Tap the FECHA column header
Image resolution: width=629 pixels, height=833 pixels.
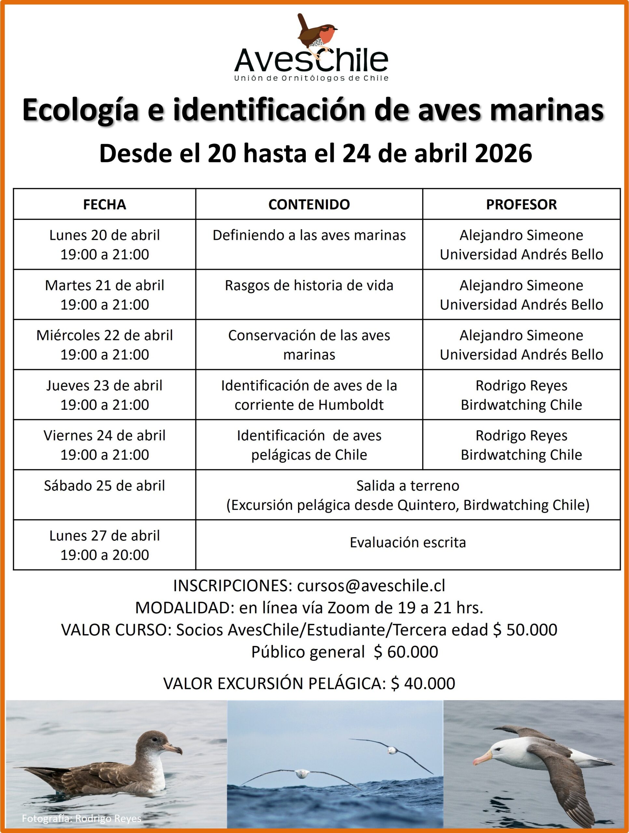[x=104, y=204]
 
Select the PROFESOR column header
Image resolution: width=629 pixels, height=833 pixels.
[x=521, y=204]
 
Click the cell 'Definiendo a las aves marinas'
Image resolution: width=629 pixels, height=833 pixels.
[x=309, y=235]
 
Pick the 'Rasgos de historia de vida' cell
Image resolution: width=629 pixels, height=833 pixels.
[x=309, y=285]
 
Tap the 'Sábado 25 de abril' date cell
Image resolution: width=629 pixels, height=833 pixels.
[x=104, y=486]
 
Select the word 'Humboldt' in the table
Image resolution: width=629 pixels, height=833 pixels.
[x=351, y=405]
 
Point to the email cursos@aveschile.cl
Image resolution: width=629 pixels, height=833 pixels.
[x=371, y=586]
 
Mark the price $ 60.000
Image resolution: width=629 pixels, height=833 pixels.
[x=406, y=652]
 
